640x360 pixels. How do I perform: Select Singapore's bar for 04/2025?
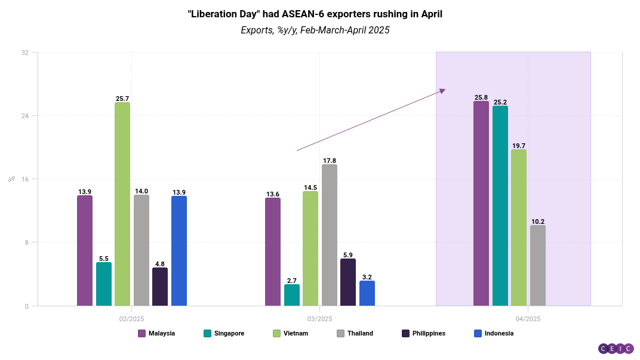(500, 206)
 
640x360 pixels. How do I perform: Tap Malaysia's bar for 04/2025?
(481, 204)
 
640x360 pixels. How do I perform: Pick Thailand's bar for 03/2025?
(329, 235)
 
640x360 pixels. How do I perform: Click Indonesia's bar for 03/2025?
(367, 293)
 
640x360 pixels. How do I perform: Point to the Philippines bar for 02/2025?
(160, 287)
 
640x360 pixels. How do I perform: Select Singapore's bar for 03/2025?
(292, 295)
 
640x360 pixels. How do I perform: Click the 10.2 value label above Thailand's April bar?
(538, 221)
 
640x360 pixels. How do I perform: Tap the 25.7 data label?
(122, 98)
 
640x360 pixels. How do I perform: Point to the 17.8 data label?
(329, 161)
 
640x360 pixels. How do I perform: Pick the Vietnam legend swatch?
(276, 333)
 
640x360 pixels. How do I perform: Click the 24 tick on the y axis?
(25, 116)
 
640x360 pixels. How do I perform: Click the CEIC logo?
(616, 349)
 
